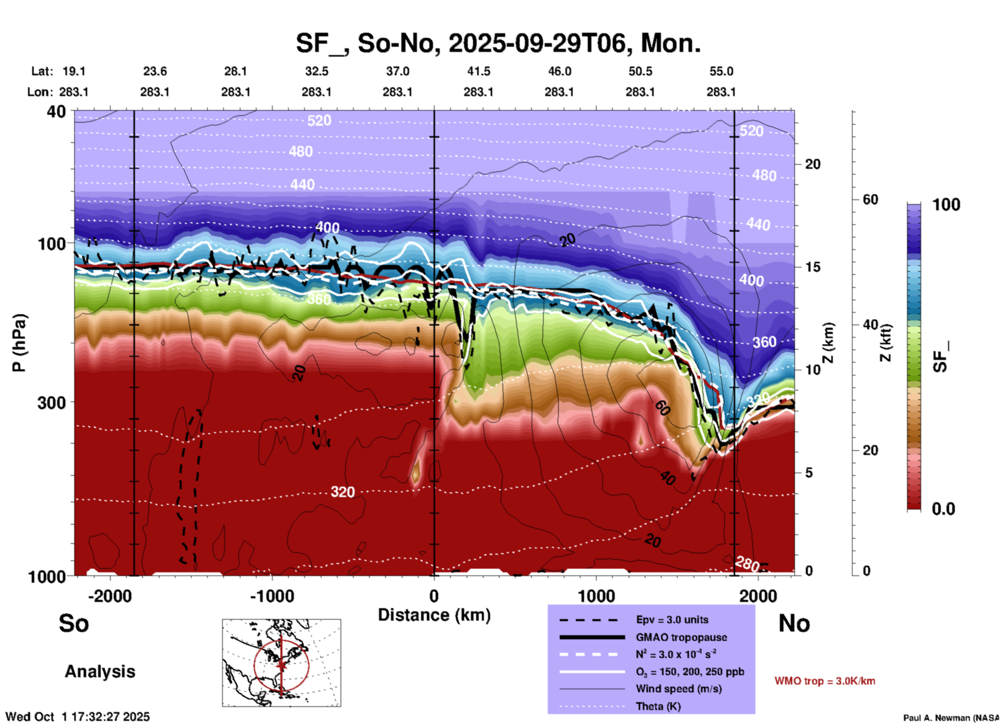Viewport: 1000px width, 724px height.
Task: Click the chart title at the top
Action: [498, 43]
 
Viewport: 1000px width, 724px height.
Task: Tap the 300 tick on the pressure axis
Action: [51, 403]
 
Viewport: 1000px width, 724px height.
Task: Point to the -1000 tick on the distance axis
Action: [272, 596]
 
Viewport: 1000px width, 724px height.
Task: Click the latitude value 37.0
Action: [397, 72]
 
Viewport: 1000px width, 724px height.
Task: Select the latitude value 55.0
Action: [721, 72]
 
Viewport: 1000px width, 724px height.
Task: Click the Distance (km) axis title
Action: [434, 615]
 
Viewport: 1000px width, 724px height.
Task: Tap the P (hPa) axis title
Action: [19, 343]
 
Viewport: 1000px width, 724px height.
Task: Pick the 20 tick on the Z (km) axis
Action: [813, 165]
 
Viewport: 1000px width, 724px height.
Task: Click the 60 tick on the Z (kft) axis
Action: [871, 200]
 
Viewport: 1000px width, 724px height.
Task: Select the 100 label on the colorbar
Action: [946, 205]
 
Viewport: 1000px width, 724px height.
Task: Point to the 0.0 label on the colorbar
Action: [943, 509]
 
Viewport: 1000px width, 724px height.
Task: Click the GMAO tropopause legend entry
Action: [681, 637]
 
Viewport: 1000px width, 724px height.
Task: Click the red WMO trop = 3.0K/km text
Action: [825, 681]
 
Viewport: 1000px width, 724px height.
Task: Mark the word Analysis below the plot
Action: [100, 672]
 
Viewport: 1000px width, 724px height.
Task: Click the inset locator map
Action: [281, 663]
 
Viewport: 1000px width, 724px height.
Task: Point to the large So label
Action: [74, 623]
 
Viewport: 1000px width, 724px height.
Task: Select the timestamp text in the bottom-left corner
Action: [77, 717]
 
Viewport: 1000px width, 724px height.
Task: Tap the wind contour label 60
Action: [661, 408]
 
